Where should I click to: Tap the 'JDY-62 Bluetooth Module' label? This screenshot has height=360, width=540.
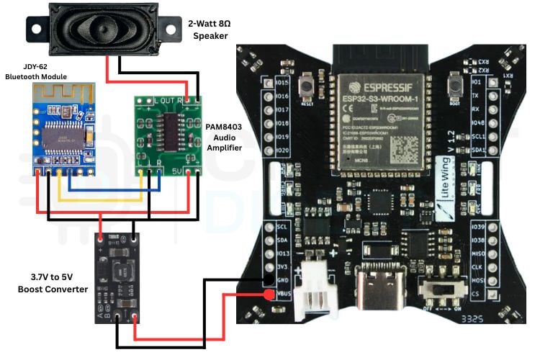click(x=36, y=71)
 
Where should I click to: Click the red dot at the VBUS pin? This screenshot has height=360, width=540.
click(x=268, y=295)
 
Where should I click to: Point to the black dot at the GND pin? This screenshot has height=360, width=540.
click(x=268, y=279)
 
